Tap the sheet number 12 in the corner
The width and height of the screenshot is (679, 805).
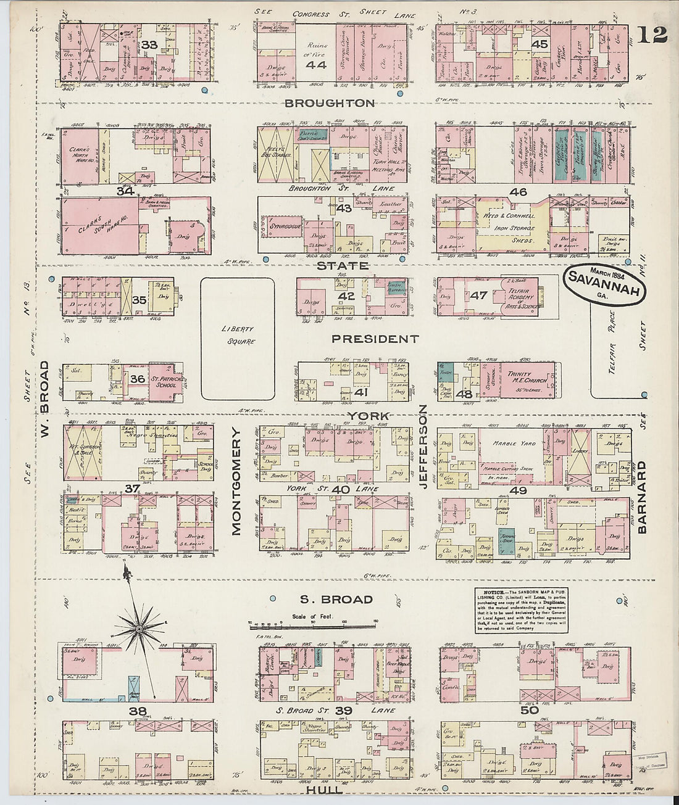[652, 35]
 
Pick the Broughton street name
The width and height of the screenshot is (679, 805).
[330, 103]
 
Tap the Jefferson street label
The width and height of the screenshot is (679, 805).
[423, 447]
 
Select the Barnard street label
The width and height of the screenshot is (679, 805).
[641, 496]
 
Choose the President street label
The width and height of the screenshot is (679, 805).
[375, 339]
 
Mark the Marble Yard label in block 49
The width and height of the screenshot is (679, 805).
[513, 443]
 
